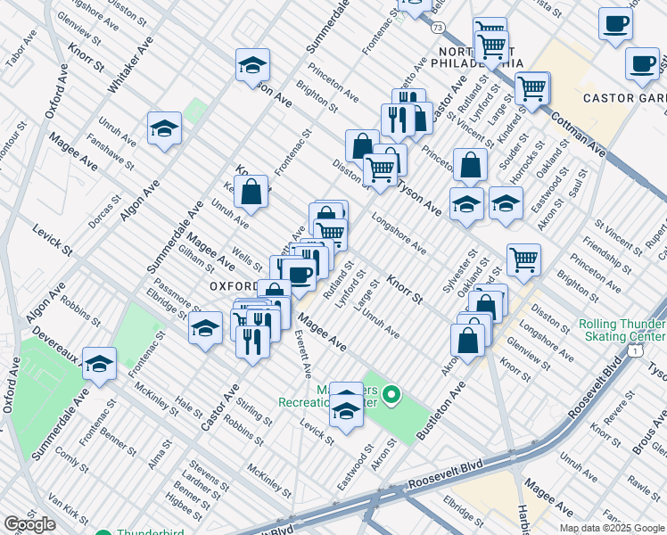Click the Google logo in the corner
point(29,524)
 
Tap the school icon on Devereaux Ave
point(99,363)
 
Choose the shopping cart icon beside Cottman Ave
point(531,88)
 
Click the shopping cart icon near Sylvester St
point(523,259)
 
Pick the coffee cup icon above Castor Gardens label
point(615,23)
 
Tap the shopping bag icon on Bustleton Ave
point(468,339)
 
